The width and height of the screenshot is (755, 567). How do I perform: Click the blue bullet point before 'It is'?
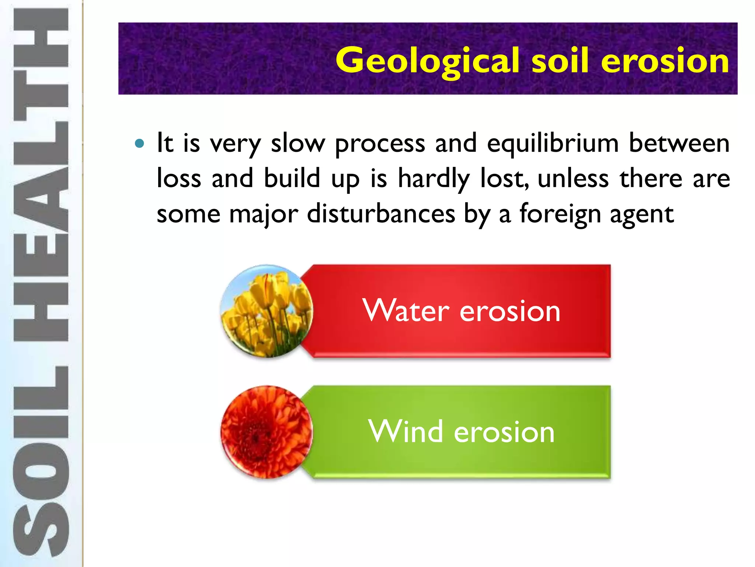[139, 143]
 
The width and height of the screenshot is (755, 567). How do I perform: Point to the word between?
[679, 143]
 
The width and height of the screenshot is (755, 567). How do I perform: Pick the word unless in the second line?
[573, 179]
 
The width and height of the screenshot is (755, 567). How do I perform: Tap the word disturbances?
[381, 214]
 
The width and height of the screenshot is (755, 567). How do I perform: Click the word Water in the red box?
[406, 311]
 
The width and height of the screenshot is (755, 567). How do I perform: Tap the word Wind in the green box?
[405, 432]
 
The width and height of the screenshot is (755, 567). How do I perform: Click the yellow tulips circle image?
[267, 311]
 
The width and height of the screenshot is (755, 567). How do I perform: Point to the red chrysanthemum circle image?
[267, 432]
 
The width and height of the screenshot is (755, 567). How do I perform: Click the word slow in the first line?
[298, 143]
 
